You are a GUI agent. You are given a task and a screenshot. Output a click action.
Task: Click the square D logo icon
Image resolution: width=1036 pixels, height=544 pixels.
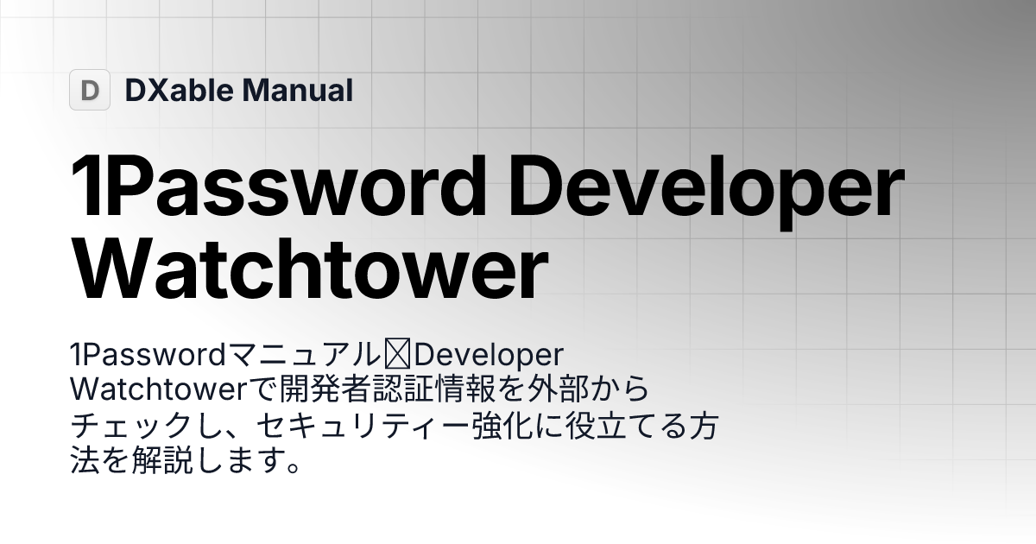pos(90,90)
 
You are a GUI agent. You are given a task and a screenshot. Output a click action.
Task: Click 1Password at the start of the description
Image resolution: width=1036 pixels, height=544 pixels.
pos(147,355)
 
